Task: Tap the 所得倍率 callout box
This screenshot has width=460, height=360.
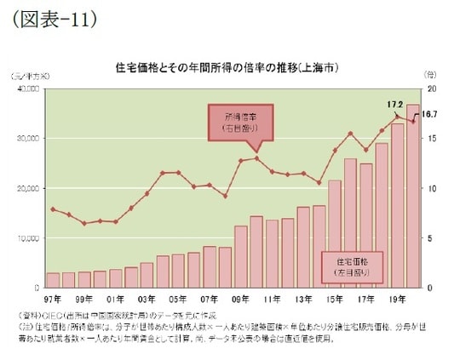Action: pyautogui.click(x=232, y=121)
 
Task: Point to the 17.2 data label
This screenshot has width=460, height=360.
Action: pyautogui.click(x=394, y=105)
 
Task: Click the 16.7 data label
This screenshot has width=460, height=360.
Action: pyautogui.click(x=429, y=113)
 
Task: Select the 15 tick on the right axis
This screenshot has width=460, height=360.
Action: pyautogui.click(x=432, y=139)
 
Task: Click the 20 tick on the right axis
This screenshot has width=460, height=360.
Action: pyautogui.click(x=432, y=89)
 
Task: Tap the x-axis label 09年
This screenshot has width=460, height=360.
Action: pyautogui.click(x=239, y=300)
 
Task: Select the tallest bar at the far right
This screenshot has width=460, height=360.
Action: pyautogui.click(x=412, y=197)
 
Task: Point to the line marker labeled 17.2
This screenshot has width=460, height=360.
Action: pyautogui.click(x=397, y=115)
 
